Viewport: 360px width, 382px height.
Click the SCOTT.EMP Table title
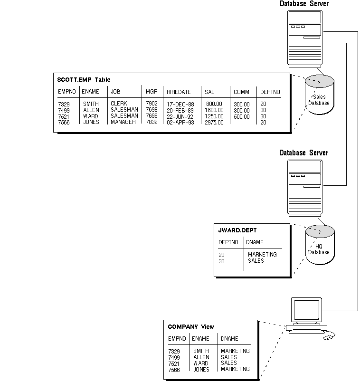(x=84, y=80)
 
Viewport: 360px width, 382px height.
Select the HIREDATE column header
(x=179, y=92)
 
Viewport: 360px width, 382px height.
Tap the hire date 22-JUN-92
(x=180, y=116)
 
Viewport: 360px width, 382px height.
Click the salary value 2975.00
(x=214, y=122)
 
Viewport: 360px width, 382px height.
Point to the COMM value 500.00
(x=241, y=116)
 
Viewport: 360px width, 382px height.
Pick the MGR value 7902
(x=152, y=104)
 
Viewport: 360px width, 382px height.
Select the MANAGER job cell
(x=123, y=122)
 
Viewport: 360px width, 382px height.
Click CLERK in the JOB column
(x=119, y=104)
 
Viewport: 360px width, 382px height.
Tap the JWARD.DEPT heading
(x=237, y=230)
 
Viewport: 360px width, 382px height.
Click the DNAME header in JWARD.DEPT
(x=255, y=242)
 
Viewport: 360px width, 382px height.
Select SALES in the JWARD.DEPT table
(x=256, y=261)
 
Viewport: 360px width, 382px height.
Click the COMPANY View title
(x=191, y=327)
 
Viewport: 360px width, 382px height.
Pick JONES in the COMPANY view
(x=201, y=369)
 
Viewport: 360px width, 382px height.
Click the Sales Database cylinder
(x=319, y=95)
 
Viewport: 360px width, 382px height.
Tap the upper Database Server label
(x=304, y=4)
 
